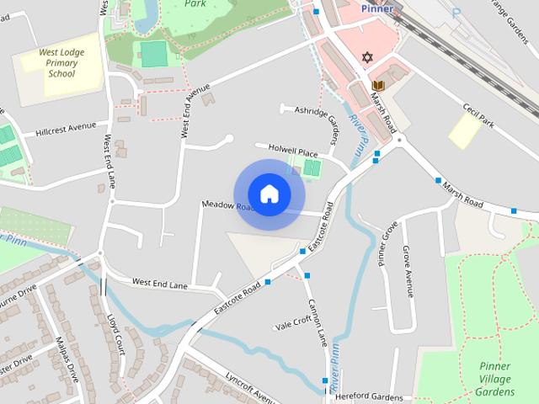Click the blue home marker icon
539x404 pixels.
pos(269,194)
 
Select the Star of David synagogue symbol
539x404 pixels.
pos(366,58)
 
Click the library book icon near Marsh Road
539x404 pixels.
pos(378,86)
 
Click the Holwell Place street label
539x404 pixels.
pos(292,151)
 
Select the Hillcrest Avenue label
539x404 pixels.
pos(66,130)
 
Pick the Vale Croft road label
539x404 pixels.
pos(294,323)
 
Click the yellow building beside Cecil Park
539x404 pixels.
pos(464,130)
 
